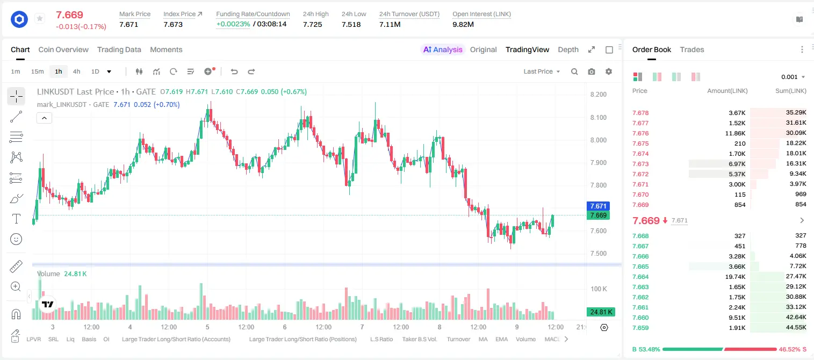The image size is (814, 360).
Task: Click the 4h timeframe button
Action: pyautogui.click(x=76, y=71)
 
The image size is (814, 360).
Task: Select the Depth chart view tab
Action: pyautogui.click(x=568, y=49)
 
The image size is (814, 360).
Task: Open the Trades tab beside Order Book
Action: pyautogui.click(x=692, y=49)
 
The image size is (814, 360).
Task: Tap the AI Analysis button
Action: pyautogui.click(x=443, y=49)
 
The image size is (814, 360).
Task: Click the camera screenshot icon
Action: pyautogui.click(x=592, y=71)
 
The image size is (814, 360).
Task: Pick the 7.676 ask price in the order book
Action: pyautogui.click(x=640, y=133)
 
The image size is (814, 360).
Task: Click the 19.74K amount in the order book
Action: pyautogui.click(x=735, y=277)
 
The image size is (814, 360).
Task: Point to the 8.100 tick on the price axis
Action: pyautogui.click(x=599, y=117)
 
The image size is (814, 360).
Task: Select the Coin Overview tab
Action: pyautogui.click(x=63, y=49)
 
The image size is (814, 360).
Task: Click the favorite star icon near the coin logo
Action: pyautogui.click(x=40, y=18)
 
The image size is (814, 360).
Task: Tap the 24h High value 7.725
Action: pyautogui.click(x=313, y=24)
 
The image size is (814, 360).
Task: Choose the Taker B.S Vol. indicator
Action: pyautogui.click(x=419, y=339)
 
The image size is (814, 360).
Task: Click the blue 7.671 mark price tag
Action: pyautogui.click(x=598, y=206)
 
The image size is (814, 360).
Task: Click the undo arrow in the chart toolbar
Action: pyautogui.click(x=234, y=71)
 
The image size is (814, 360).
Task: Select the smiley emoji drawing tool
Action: pyautogui.click(x=16, y=239)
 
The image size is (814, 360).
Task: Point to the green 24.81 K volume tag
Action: pyautogui.click(x=601, y=312)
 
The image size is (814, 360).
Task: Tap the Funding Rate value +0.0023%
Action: pyautogui.click(x=233, y=24)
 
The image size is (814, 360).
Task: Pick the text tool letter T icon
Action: pyautogui.click(x=16, y=219)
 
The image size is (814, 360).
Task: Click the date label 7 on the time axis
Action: pyautogui.click(x=362, y=327)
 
